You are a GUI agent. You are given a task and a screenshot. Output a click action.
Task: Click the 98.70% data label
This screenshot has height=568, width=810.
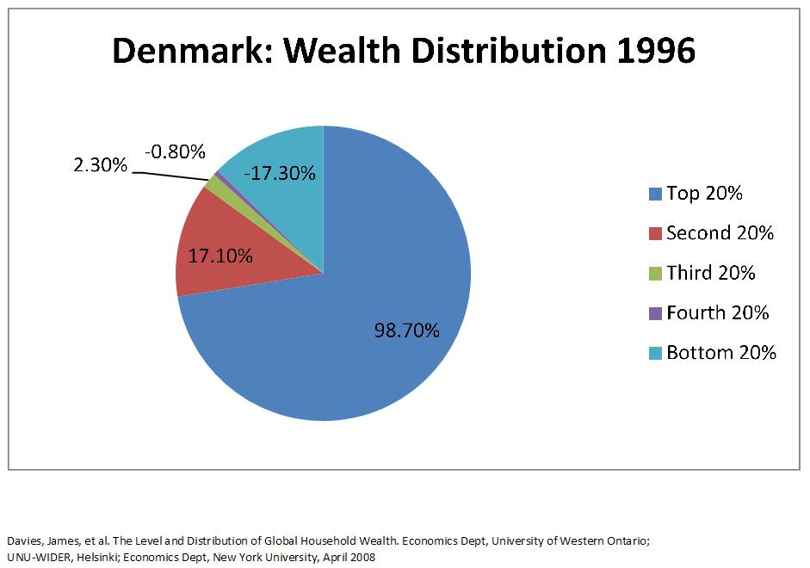(x=406, y=330)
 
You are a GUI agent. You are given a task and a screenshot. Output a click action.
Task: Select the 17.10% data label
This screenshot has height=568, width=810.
(x=220, y=256)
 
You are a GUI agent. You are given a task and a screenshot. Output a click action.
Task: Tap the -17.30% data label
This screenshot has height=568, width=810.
(x=279, y=174)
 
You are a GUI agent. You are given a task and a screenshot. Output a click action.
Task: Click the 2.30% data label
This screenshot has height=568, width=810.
(x=98, y=165)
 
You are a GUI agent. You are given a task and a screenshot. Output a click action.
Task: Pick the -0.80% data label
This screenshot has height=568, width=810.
(x=175, y=152)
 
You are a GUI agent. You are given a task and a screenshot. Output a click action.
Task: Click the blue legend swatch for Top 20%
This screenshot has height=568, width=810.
(x=655, y=194)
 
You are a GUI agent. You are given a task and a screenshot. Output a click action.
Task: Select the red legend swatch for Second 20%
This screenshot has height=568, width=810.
(x=655, y=234)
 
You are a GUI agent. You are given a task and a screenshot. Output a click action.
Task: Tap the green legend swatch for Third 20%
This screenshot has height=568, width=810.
(x=655, y=274)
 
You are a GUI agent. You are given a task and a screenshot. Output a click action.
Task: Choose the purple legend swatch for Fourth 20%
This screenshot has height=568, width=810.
(x=655, y=313)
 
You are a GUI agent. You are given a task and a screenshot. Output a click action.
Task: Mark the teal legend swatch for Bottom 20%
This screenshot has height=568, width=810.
(x=655, y=353)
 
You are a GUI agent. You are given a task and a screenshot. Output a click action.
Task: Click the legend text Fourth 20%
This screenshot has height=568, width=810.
(x=717, y=313)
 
